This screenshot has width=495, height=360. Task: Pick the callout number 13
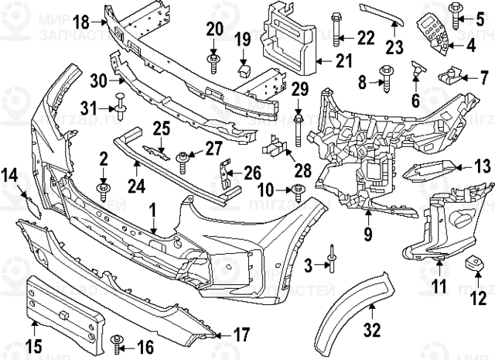point(482,166)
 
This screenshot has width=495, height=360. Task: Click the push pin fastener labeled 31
point(121,100)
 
